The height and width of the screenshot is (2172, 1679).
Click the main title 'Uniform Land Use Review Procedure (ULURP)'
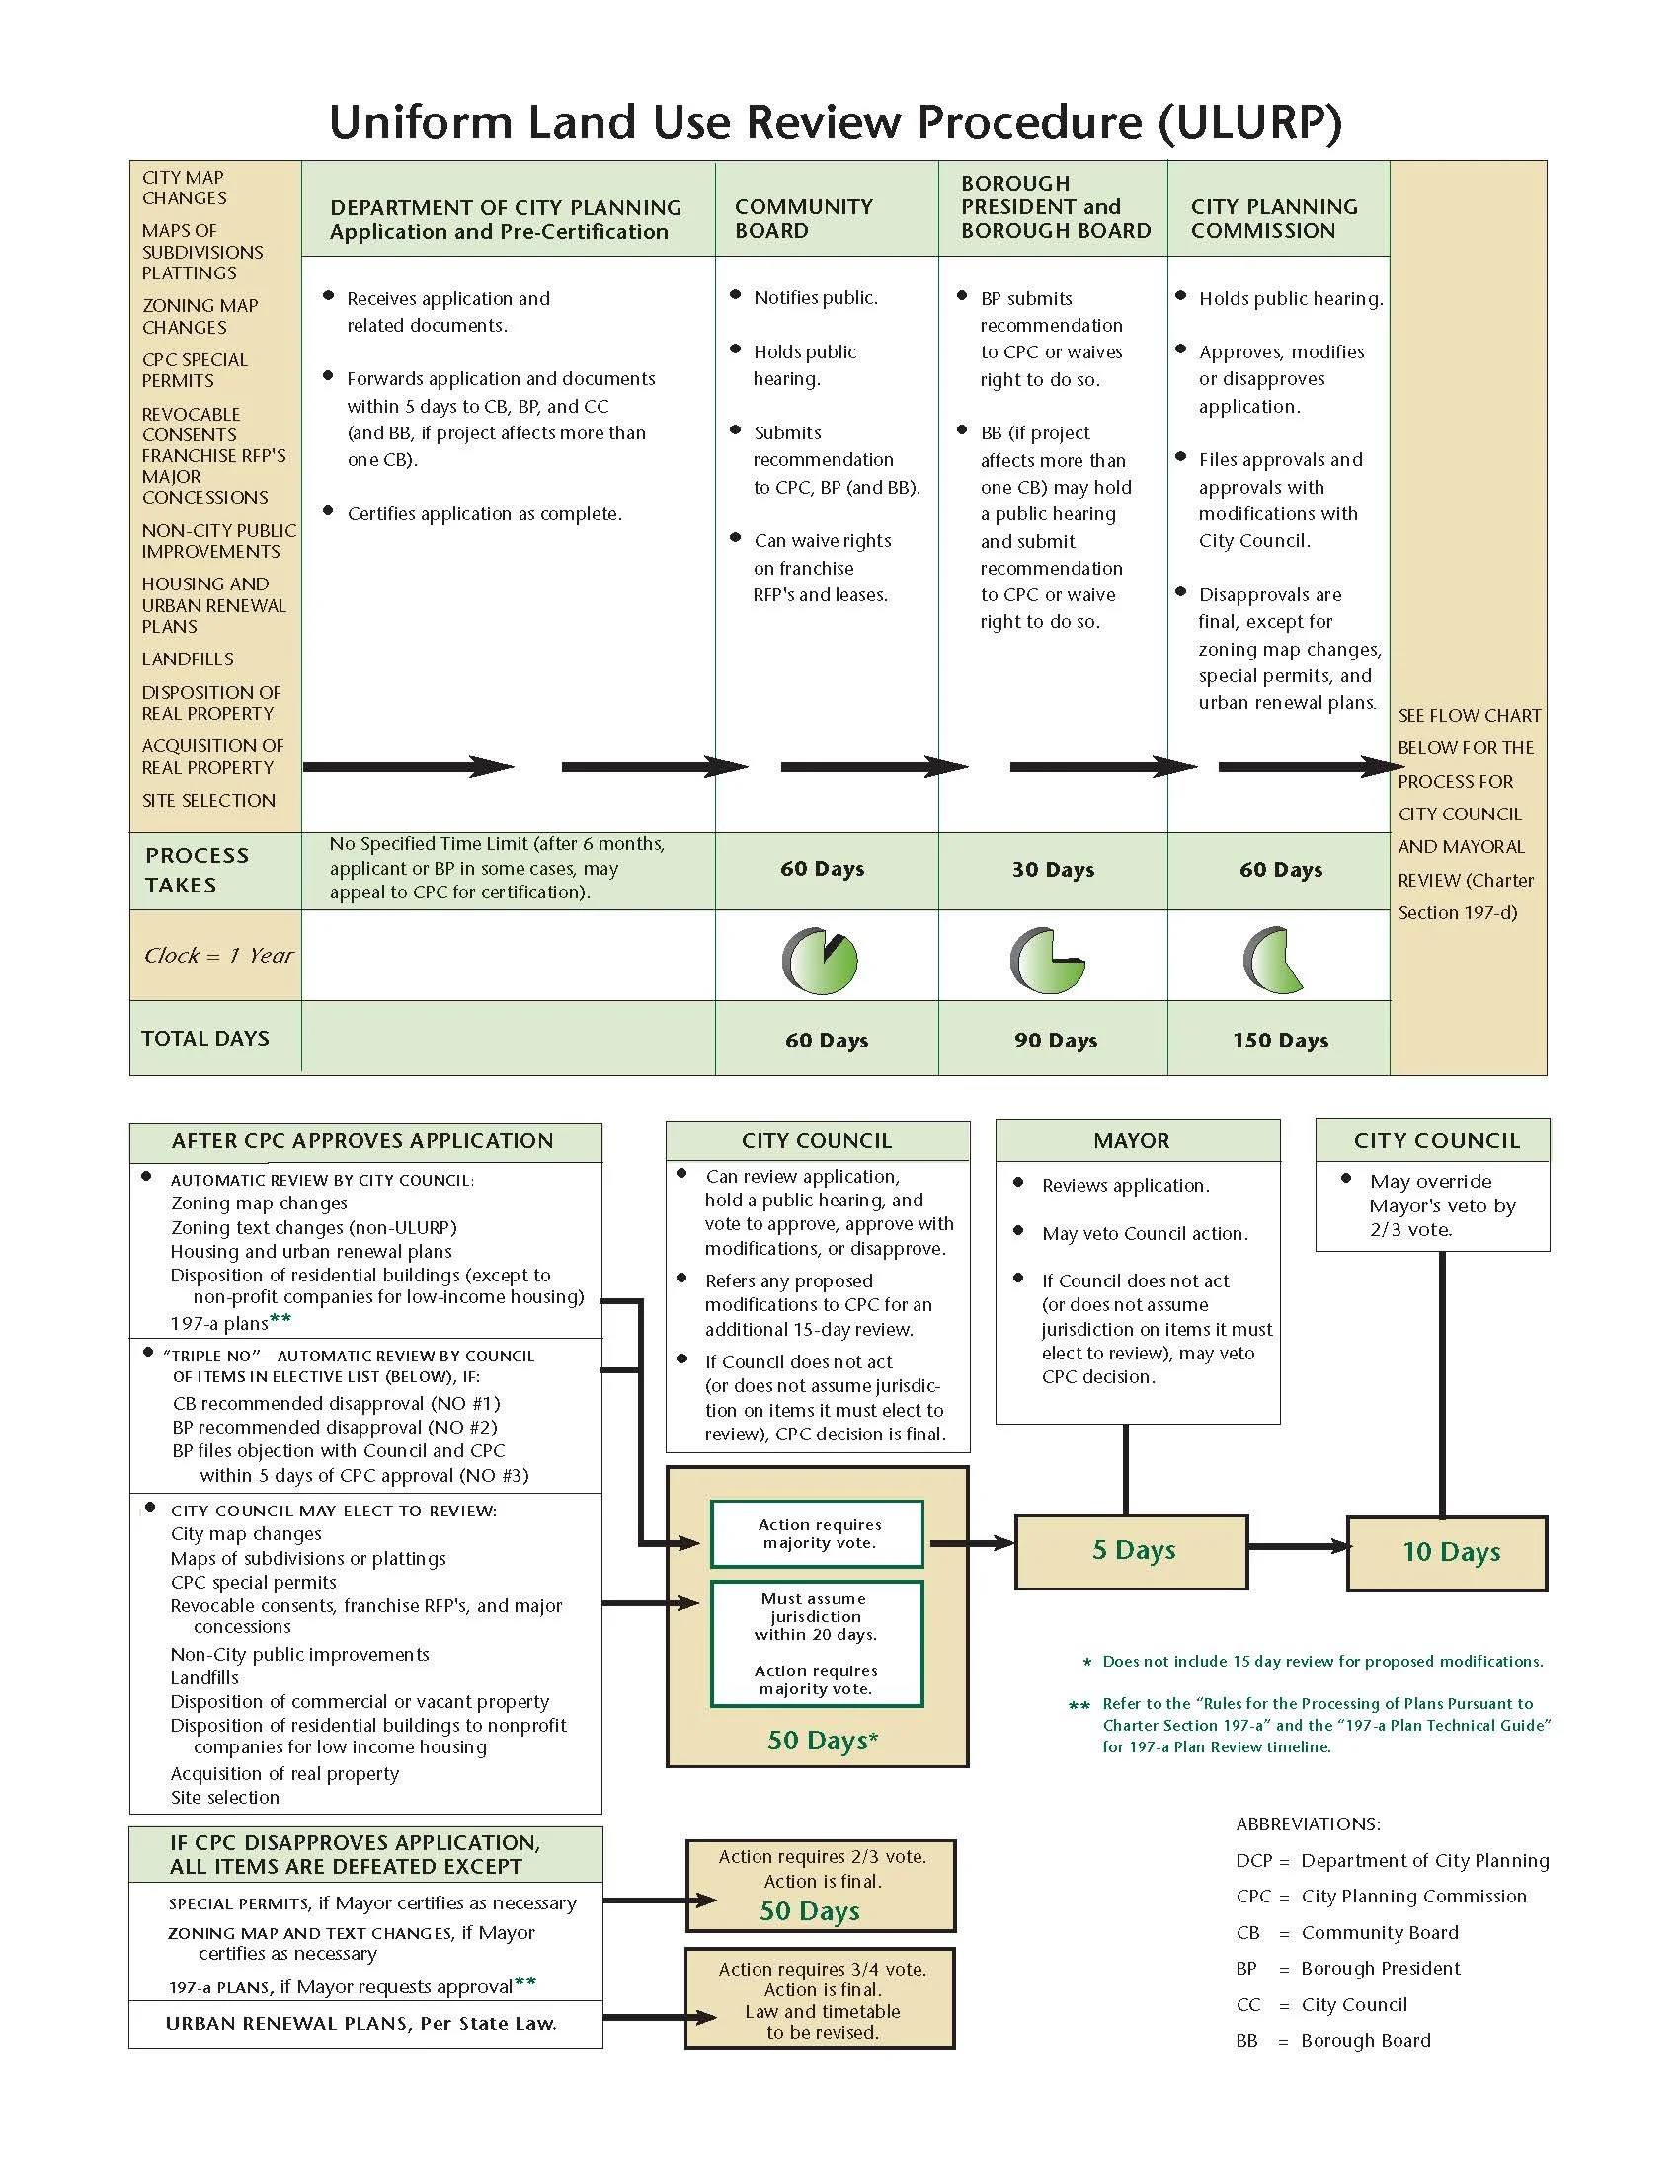pos(836,122)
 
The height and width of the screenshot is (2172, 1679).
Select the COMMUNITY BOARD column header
pos(804,219)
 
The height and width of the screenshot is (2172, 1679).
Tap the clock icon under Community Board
pos(821,961)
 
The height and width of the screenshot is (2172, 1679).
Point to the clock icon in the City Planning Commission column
pos(1273,961)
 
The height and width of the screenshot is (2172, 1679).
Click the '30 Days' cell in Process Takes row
pos(1054,869)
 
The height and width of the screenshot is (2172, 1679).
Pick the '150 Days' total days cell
pos(1280,1041)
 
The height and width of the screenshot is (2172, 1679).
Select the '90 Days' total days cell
pos(1056,1041)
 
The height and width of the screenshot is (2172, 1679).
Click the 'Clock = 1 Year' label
pos(219,956)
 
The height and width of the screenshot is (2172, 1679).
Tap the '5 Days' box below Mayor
pos(1132,1550)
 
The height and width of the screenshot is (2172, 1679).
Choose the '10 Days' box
pos(1448,1552)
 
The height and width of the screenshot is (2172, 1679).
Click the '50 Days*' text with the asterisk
pos(823,1741)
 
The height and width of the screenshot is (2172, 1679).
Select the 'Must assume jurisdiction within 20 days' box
pos(816,1643)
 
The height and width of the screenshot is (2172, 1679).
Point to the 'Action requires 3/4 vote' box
pos(821,1999)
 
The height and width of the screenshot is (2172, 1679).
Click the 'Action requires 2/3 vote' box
pos(821,1885)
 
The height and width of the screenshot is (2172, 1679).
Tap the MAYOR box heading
pos(1132,1140)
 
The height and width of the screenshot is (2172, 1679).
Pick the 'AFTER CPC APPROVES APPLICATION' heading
pos(363,1141)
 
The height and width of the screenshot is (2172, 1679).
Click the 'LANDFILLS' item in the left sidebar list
pos(188,659)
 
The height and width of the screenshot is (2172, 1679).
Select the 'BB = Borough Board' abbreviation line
pos(1333,2041)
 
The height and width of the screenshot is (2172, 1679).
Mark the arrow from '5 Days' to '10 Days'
pos(1297,1546)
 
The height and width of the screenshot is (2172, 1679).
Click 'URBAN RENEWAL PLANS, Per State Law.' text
pos(360,2024)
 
